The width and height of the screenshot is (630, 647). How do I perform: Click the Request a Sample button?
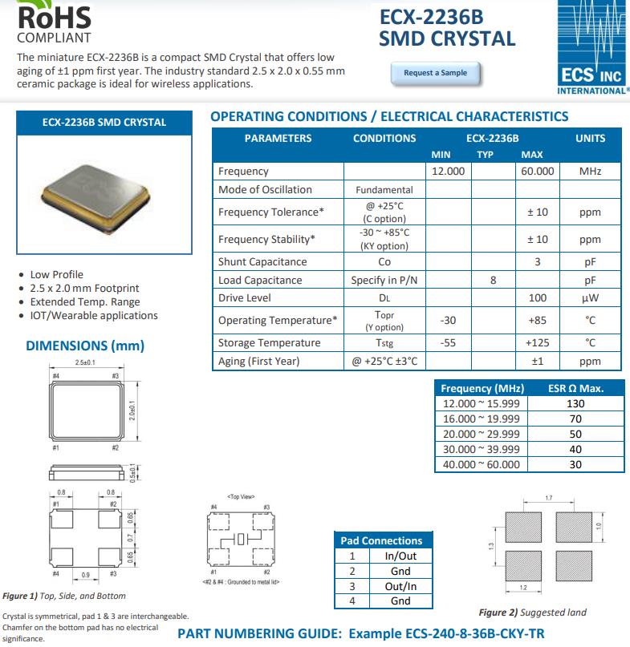(x=434, y=73)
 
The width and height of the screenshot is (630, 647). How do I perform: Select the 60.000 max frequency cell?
(x=537, y=171)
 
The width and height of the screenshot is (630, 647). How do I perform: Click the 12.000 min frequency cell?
(x=448, y=171)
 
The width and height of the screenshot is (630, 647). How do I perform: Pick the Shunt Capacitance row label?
(x=262, y=261)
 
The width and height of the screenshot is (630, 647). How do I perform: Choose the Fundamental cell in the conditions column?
(x=384, y=190)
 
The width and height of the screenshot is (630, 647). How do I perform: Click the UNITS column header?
(x=590, y=138)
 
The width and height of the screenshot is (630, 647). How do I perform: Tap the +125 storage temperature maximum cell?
(x=537, y=342)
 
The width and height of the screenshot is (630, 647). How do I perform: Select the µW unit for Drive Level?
(x=590, y=298)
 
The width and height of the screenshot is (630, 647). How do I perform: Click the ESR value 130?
(x=575, y=403)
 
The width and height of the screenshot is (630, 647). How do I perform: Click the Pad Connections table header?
(x=381, y=540)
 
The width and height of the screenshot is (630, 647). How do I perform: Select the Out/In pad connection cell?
(x=400, y=586)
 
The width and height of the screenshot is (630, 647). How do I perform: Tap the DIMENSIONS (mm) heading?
(x=85, y=346)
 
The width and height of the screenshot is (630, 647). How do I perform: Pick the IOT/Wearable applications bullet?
(x=94, y=315)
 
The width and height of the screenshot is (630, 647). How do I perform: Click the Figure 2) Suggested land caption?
(x=532, y=613)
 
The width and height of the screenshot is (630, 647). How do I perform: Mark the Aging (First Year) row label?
(x=258, y=361)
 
